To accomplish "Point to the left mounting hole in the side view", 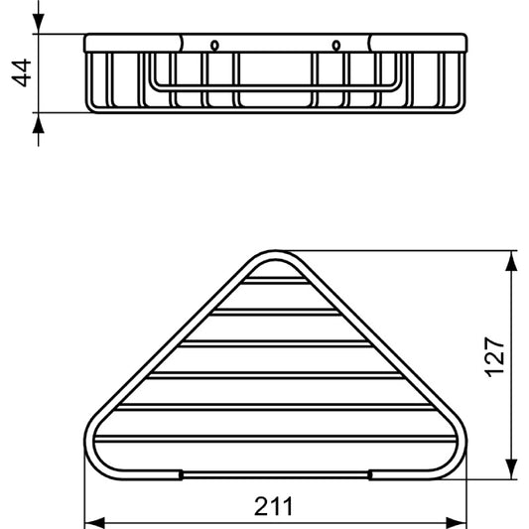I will [214, 45].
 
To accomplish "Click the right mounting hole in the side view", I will [336, 45].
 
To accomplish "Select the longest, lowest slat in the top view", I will [275, 438].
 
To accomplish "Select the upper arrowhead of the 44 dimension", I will [38, 27].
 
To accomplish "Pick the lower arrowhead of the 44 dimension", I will [38, 121].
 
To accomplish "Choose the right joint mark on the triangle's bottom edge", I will [370, 474].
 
